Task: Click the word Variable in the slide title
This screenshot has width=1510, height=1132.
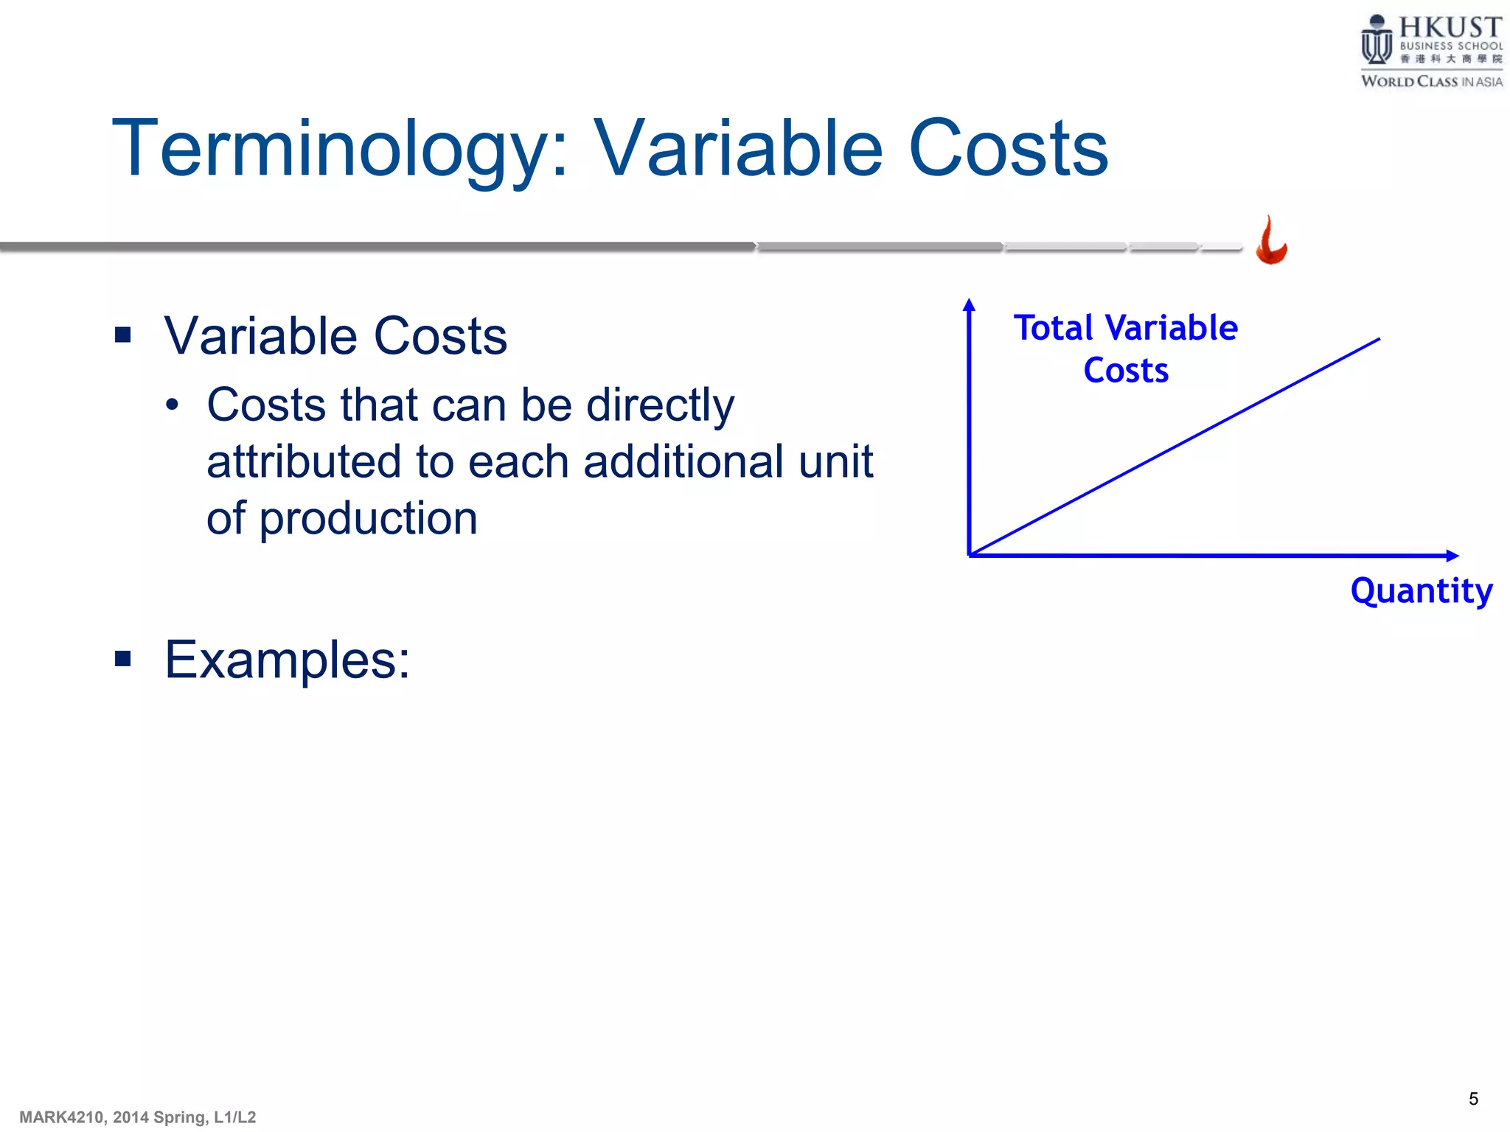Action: point(737,150)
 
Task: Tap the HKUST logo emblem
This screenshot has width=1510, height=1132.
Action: point(1376,41)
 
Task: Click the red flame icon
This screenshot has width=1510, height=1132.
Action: point(1271,242)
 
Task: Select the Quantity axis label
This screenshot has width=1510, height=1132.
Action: point(1421,591)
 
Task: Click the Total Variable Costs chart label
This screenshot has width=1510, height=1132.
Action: point(1125,348)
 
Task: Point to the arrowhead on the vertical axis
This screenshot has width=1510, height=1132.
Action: point(970,304)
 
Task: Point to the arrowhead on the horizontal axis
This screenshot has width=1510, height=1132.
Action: point(1452,556)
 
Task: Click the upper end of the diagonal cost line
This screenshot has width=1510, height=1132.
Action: point(1377,340)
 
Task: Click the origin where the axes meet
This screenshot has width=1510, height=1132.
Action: point(970,555)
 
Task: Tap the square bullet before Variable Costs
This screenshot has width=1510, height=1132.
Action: point(123,336)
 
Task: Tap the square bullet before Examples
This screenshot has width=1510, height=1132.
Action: point(123,659)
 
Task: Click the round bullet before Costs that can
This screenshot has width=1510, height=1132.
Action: point(173,406)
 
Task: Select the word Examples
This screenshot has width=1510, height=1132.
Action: point(286,660)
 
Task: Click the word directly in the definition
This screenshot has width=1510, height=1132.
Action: point(660,406)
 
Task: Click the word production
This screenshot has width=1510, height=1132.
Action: point(368,519)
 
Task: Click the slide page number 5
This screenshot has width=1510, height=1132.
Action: point(1473,1099)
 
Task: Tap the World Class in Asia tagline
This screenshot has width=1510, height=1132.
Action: point(1431,82)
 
